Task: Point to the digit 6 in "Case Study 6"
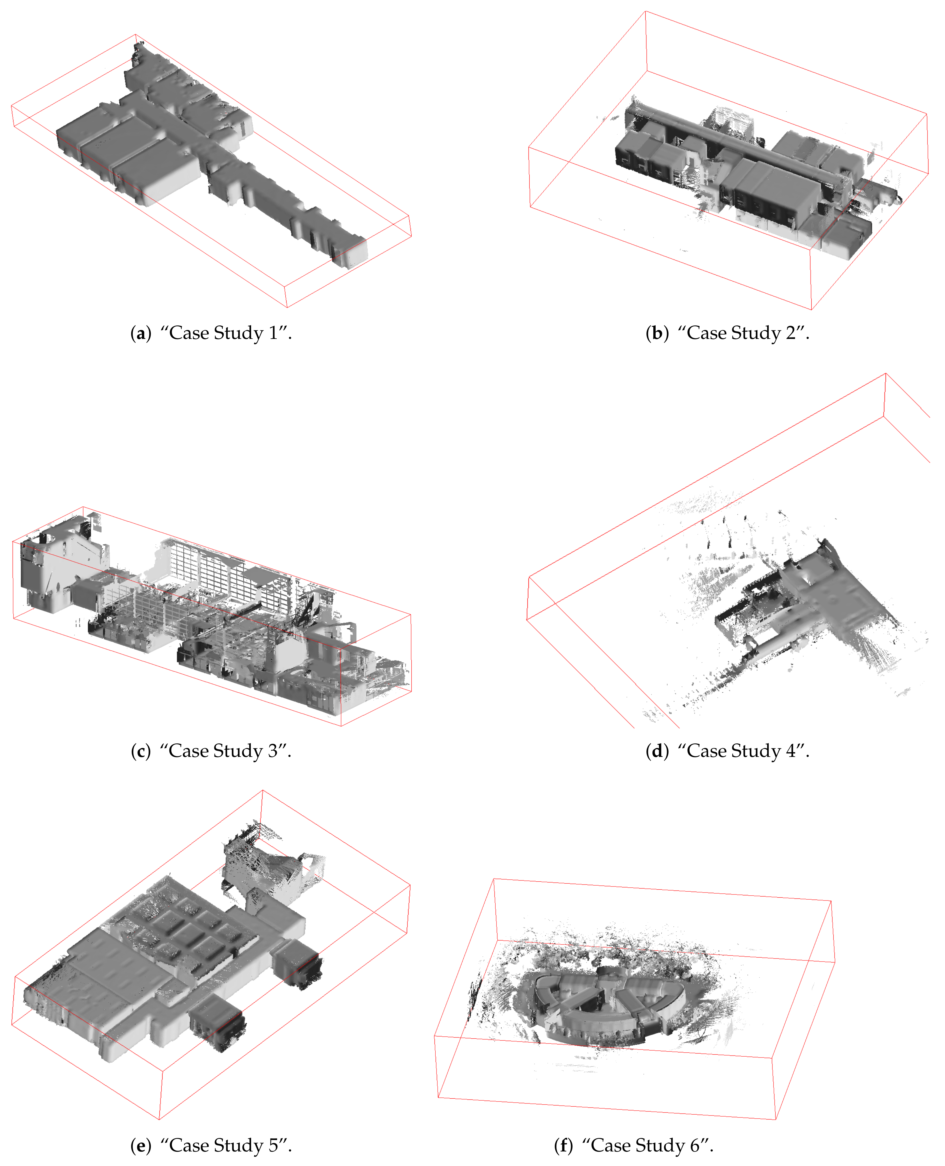click(694, 1145)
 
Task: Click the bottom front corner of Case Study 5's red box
click(159, 1119)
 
